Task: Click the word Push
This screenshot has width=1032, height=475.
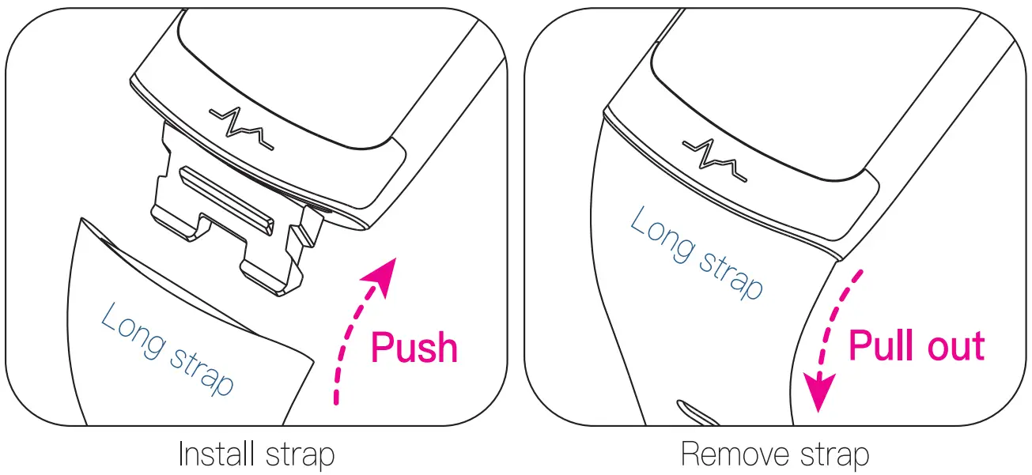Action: (x=414, y=349)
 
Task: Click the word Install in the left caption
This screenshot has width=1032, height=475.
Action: (x=209, y=455)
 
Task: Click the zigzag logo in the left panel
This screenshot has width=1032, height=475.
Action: (x=241, y=128)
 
